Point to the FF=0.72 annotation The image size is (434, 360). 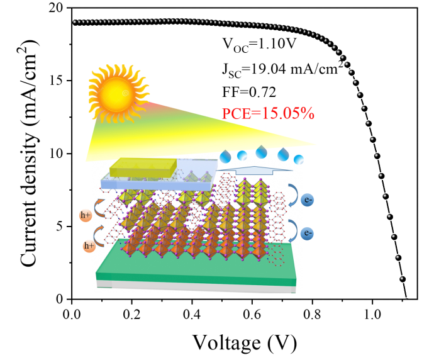pyautogui.click(x=247, y=91)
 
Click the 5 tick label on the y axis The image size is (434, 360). pyautogui.click(x=58, y=226)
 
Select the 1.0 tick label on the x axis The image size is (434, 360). pyautogui.click(x=372, y=313)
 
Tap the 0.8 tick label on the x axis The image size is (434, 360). pyautogui.click(x=312, y=313)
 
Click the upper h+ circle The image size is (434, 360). pyautogui.click(x=86, y=215)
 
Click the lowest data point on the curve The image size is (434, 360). pyautogui.click(x=402, y=279)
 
